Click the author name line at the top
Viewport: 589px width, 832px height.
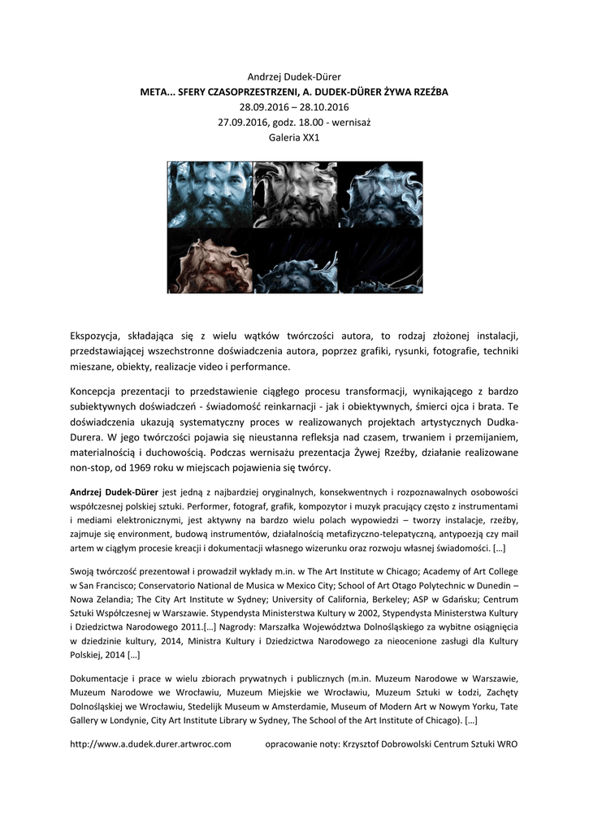coord(294,76)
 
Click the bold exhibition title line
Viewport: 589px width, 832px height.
coord(294,92)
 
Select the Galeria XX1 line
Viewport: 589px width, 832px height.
coord(294,138)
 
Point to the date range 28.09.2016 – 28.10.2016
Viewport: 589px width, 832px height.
coord(294,107)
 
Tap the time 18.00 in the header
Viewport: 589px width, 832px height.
coord(301,123)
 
